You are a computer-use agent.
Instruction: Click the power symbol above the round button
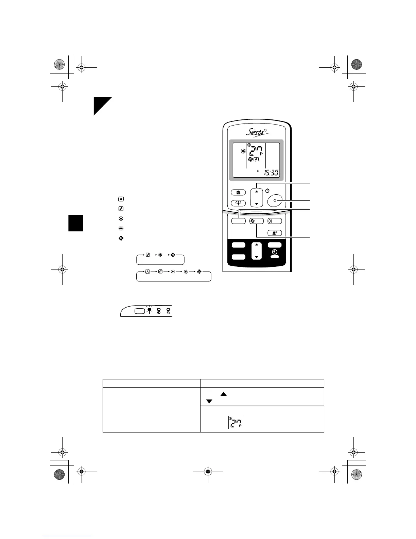pos(267,191)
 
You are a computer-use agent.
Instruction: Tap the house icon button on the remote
pos(238,193)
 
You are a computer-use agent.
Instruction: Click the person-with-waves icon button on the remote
pos(275,233)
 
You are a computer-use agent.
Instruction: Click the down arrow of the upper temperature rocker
pos(257,204)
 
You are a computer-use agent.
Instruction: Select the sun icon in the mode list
pos(121,229)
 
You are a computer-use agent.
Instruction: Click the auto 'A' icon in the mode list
pos(121,199)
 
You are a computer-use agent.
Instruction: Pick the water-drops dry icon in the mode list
pos(121,209)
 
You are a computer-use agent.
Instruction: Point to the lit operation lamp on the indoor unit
pos(149,310)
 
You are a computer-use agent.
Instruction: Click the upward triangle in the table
pos(223,394)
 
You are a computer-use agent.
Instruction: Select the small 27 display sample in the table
pos(236,423)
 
